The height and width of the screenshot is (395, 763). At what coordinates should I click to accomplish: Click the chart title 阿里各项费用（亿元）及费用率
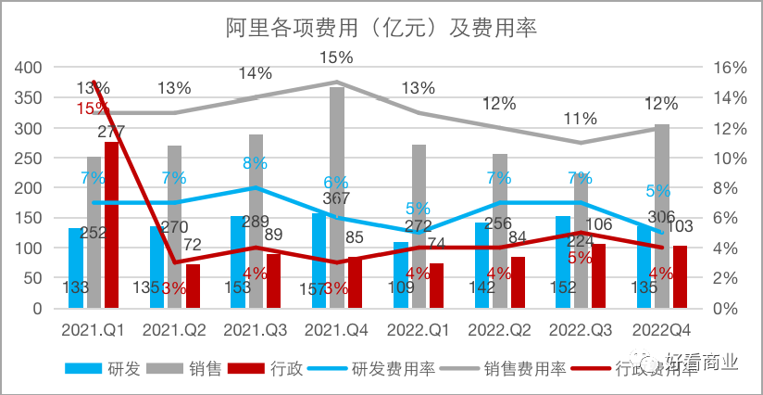click(381, 27)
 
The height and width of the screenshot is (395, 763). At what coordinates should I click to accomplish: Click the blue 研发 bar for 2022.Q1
click(400, 274)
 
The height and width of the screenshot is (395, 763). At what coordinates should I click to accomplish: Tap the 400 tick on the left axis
click(30, 67)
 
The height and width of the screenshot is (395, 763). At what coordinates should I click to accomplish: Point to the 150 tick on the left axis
click(30, 218)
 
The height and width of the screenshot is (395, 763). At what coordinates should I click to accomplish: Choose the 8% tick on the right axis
click(722, 187)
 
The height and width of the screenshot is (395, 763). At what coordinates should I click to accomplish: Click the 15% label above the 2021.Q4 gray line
click(336, 57)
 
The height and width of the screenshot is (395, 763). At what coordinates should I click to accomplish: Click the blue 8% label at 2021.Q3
click(255, 162)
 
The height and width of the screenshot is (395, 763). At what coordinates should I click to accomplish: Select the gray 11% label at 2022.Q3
click(580, 119)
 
